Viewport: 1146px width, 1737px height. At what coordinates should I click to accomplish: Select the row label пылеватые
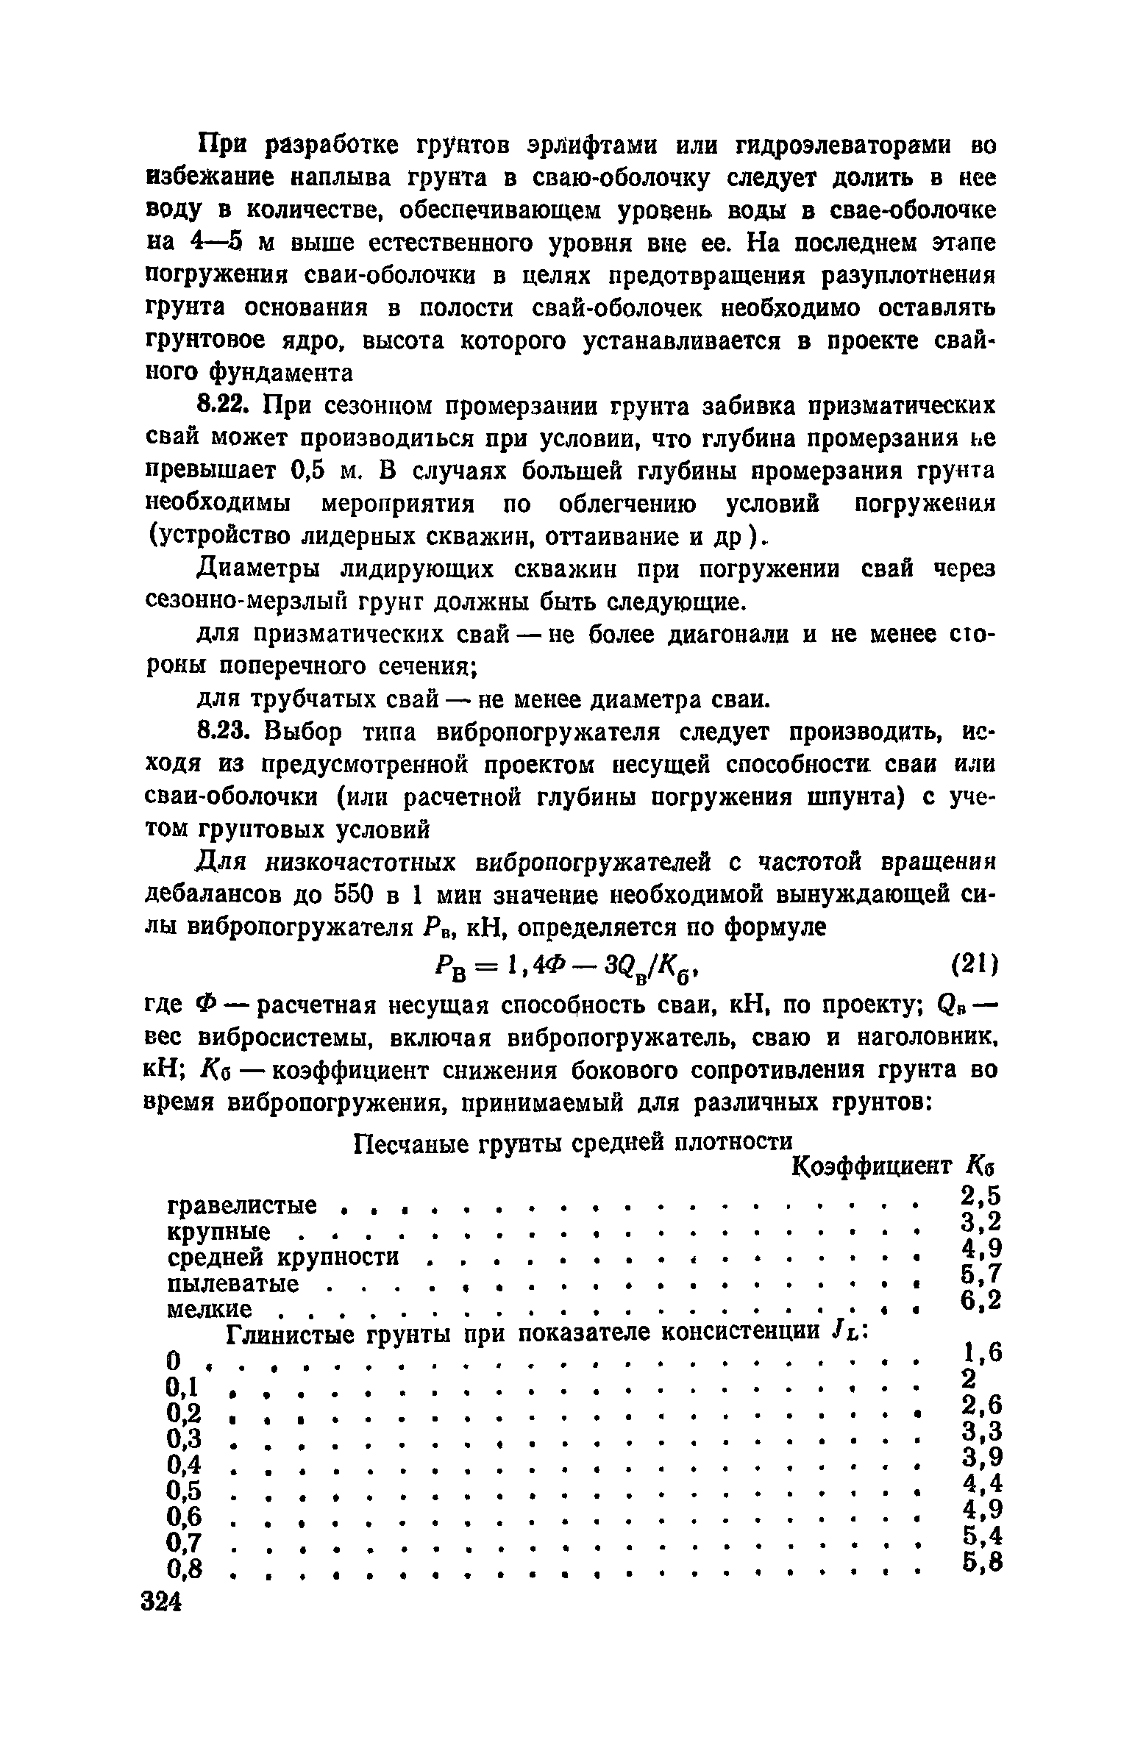233,1285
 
